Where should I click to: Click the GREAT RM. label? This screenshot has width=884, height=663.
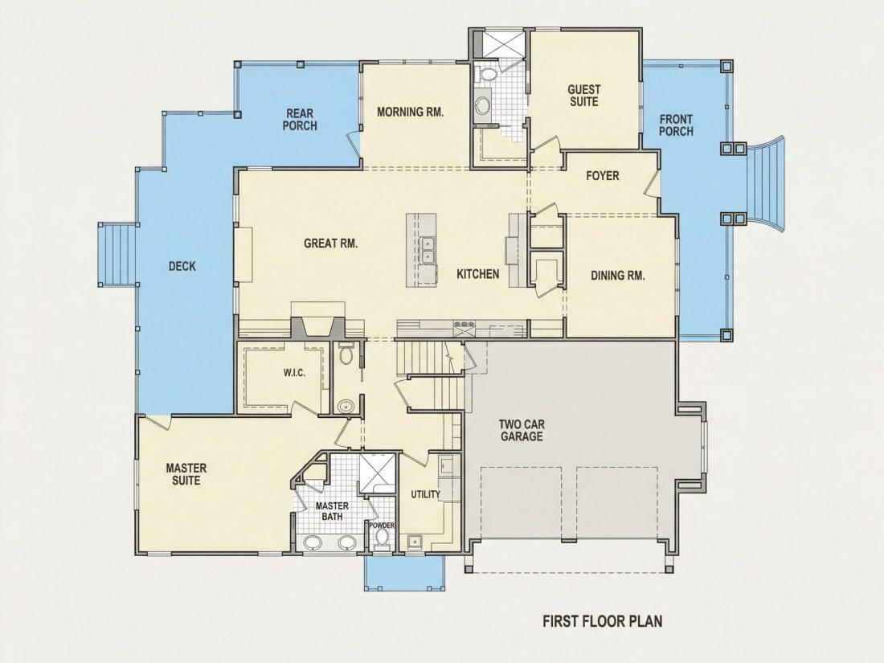click(331, 244)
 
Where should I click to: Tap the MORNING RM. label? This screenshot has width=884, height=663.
click(411, 112)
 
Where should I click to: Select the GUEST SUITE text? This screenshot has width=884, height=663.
click(584, 96)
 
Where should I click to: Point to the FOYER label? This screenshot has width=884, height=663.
click(602, 176)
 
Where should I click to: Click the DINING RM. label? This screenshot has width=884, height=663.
click(618, 276)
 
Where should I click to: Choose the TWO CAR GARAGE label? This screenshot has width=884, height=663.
click(522, 430)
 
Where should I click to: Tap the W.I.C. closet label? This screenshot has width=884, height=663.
click(294, 373)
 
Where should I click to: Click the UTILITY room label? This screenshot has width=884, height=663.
click(426, 494)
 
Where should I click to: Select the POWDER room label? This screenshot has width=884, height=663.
click(382, 526)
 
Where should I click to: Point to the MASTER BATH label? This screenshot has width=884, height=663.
click(332, 511)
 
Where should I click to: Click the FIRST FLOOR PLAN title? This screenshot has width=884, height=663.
click(603, 621)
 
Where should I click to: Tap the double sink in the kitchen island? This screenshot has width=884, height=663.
click(428, 250)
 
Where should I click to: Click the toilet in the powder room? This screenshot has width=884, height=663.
click(383, 538)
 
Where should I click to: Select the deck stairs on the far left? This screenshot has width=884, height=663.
click(118, 254)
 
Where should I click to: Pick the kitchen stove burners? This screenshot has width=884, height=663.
click(464, 324)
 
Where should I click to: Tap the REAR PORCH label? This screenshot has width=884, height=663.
click(300, 120)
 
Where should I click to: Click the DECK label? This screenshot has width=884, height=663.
click(182, 266)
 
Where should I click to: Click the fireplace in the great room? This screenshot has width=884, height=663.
click(318, 328)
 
